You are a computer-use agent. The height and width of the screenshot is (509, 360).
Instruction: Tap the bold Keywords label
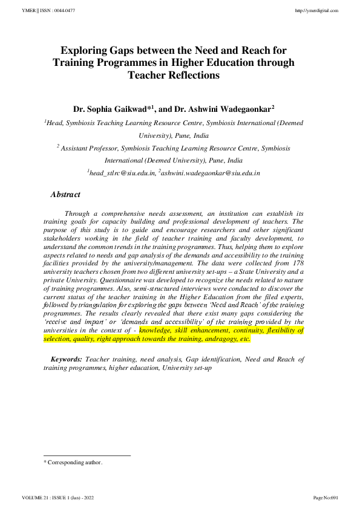[67, 359]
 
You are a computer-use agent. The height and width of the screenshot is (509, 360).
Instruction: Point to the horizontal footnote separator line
[88, 455]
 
